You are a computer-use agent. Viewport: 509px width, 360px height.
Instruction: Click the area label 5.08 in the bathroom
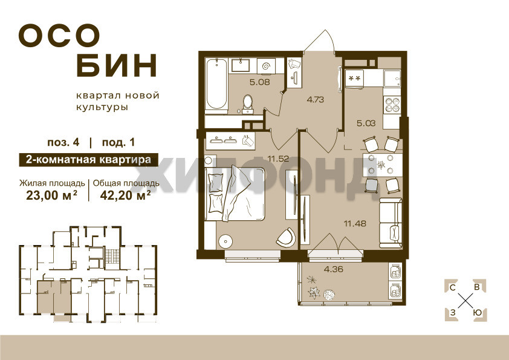coord(260,82)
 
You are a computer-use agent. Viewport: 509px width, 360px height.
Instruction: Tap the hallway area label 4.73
coord(315,99)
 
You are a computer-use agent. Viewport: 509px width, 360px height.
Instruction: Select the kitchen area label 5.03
coord(366,123)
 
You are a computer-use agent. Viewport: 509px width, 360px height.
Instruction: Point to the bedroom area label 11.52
coord(278,159)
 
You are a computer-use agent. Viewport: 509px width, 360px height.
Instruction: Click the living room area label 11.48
coord(355,223)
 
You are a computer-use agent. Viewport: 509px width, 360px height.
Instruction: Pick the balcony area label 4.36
coord(333,269)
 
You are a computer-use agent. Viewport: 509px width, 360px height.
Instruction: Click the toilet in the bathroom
coord(248,104)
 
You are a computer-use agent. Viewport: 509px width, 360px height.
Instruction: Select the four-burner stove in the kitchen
coord(392,104)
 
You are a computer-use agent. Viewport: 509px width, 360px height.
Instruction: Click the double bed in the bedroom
coord(235,194)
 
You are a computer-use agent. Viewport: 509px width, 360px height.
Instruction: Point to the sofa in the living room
coord(390,223)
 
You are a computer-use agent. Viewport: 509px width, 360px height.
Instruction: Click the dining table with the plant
coord(382,165)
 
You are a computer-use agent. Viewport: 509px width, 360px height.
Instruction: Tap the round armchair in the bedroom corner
coord(287,237)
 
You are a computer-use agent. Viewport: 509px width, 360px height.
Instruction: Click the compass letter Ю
coord(477,313)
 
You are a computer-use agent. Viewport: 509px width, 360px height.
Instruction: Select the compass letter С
coord(452,287)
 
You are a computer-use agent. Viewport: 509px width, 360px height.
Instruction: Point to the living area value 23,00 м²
coord(51,195)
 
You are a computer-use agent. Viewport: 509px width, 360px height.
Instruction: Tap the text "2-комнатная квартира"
coord(88,160)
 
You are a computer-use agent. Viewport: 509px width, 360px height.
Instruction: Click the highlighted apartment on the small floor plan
coord(53,297)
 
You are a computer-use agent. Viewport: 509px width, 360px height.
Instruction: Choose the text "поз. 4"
coord(63,143)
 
